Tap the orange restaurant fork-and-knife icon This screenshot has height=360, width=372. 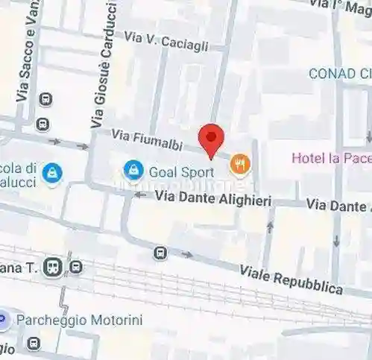(x=239, y=162)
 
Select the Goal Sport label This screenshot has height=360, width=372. (x=181, y=172)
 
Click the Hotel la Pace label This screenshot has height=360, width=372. (x=330, y=157)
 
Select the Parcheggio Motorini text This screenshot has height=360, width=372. (x=79, y=320)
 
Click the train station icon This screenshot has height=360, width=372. (x=53, y=266)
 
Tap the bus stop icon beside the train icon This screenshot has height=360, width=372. (x=75, y=266)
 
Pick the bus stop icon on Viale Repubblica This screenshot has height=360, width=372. (x=160, y=253)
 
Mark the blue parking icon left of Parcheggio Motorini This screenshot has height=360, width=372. (x=3, y=320)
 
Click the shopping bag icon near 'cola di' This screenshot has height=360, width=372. (x=52, y=173)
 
